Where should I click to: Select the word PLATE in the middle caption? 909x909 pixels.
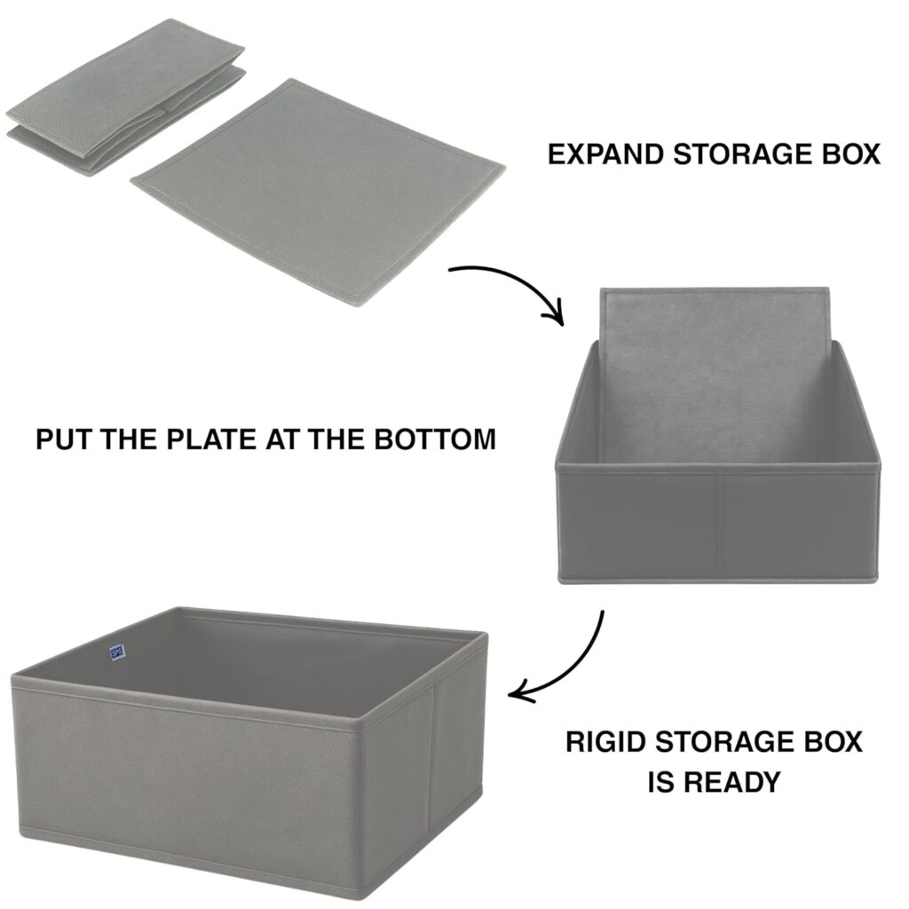click(212, 439)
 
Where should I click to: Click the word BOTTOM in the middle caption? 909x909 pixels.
click(435, 439)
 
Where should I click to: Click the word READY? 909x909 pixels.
click(731, 782)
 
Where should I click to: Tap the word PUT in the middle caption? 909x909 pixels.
click(65, 439)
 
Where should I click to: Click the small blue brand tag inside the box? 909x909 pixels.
click(116, 652)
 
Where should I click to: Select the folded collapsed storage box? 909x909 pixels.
click(125, 98)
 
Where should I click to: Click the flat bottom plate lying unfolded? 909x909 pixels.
click(318, 192)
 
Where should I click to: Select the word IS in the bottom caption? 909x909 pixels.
click(660, 782)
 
